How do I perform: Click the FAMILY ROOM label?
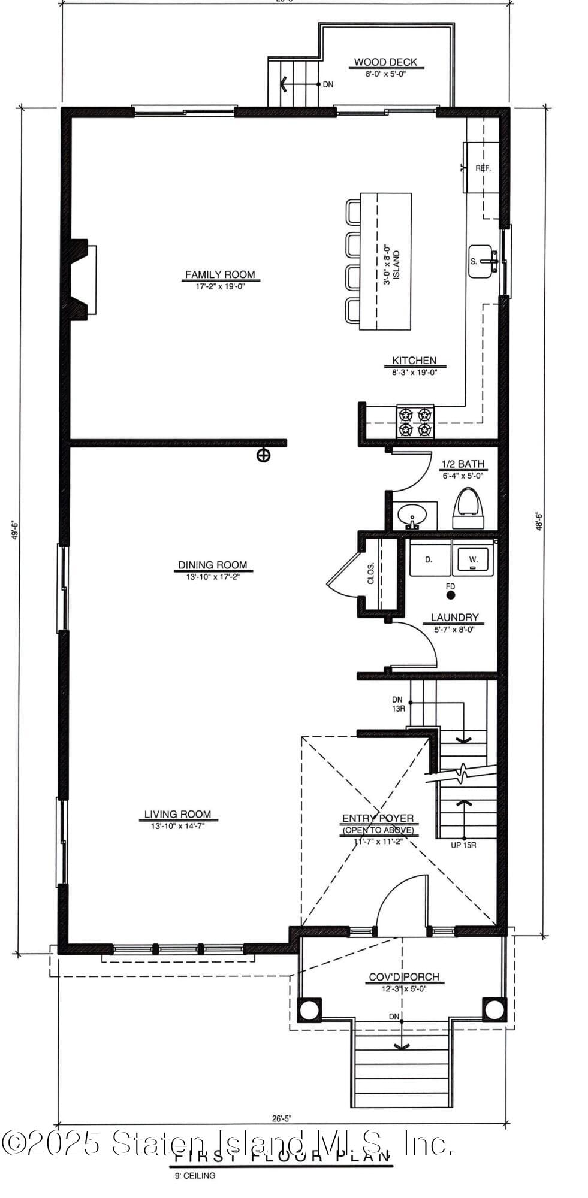[x=219, y=275]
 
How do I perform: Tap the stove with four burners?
[x=415, y=422]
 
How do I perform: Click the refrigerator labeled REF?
[x=481, y=168]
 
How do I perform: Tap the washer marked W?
[x=473, y=559]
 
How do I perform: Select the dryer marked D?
[x=429, y=559]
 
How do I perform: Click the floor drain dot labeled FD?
[x=451, y=595]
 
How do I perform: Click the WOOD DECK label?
[x=385, y=62]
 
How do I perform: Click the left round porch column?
[x=309, y=1009]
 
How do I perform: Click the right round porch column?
[x=494, y=1009]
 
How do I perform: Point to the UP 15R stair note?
[x=463, y=846]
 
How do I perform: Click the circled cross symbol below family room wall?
[x=263, y=456]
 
